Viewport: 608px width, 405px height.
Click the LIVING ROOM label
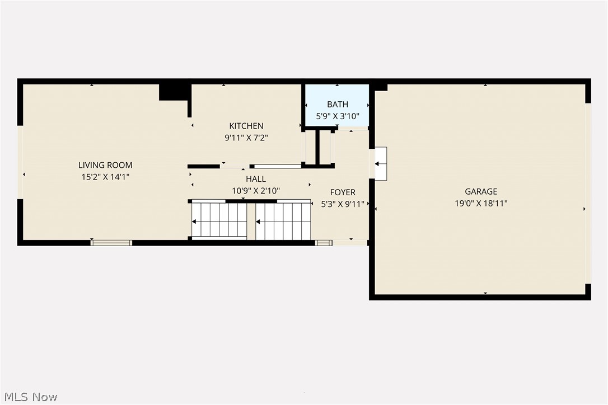point(105,165)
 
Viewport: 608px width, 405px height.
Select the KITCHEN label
point(246,126)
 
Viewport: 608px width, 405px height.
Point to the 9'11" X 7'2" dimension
point(246,138)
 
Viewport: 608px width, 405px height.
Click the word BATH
point(338,104)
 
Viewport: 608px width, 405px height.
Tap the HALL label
point(256,179)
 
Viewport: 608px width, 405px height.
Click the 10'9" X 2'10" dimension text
point(256,191)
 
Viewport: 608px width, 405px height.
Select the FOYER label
point(343,192)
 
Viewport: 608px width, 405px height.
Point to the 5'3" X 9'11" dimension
point(343,204)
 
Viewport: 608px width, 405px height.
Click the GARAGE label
point(481,191)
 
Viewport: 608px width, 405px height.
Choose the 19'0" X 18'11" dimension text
point(481,204)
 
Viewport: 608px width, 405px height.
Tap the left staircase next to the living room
point(219,220)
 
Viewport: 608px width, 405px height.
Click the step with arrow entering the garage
point(381,164)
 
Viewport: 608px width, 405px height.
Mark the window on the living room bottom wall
point(111,243)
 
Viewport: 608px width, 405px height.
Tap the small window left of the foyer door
point(324,243)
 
